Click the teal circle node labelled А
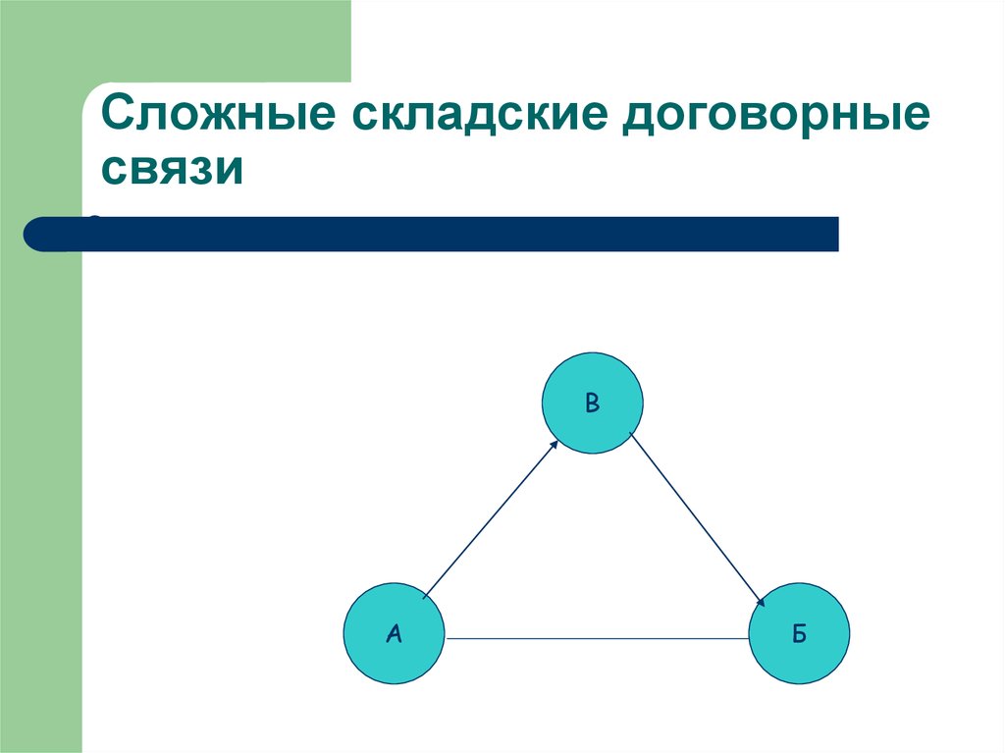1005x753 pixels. tap(394, 633)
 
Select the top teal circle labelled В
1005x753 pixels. tap(593, 403)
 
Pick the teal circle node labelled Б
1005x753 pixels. tap(800, 633)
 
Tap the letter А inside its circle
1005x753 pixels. tap(394, 634)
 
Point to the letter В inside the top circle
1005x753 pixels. tap(592, 401)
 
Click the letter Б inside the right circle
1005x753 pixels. tap(800, 634)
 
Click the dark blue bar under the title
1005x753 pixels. tap(442, 234)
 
